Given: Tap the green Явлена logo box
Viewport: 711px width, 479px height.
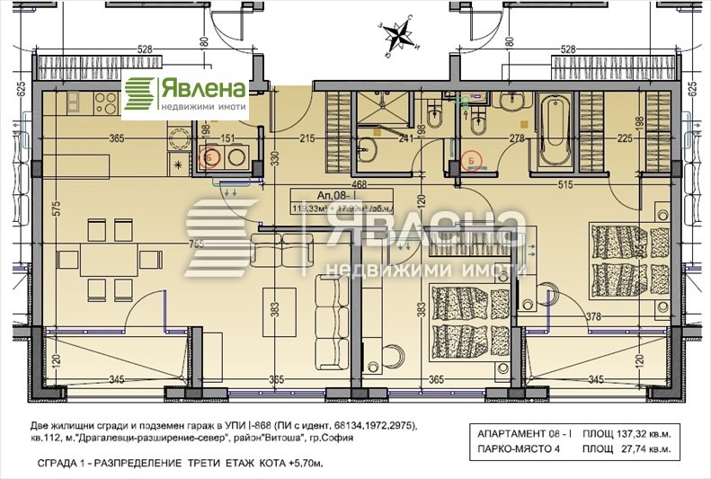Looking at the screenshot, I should [185, 95].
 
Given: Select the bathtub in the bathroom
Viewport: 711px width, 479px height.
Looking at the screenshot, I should [553, 130].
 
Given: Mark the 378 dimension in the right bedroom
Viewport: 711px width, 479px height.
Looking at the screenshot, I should [593, 315].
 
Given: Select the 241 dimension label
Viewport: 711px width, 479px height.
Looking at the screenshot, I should [405, 138].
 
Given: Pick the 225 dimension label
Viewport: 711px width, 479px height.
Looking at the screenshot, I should [622, 138].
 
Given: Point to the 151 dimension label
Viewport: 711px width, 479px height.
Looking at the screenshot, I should [228, 138].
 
